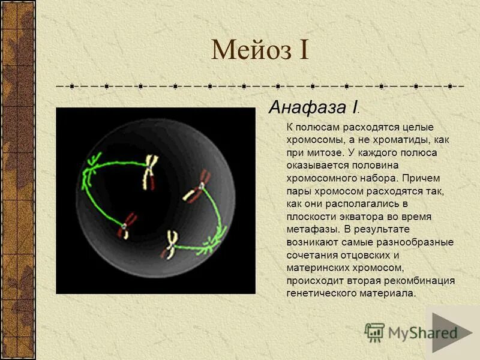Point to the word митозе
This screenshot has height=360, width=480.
point(325,152)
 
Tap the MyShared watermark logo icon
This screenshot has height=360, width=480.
point(374,331)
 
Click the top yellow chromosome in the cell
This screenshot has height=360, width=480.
point(150,170)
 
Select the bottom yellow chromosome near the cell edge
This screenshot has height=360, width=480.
point(170,245)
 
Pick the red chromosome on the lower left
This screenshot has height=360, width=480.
point(127,225)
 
